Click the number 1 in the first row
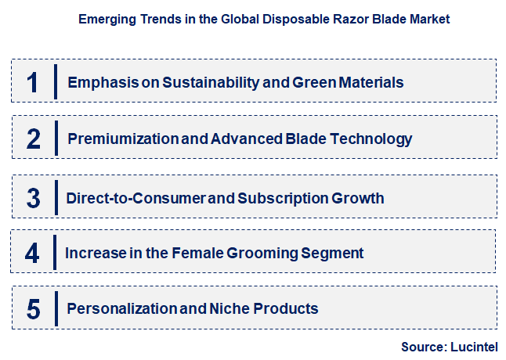coord(32,82)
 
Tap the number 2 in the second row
coord(33,139)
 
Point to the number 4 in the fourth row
coord(32,254)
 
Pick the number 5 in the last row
coord(33,309)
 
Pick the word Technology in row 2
coord(370,139)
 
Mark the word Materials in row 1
coord(371,82)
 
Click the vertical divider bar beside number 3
coord(56,196)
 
